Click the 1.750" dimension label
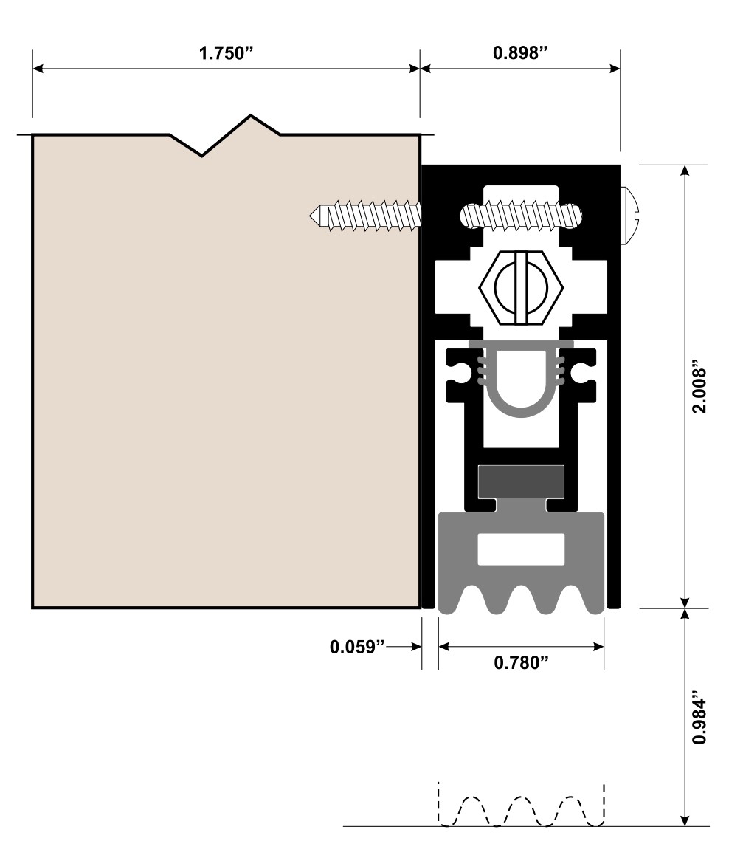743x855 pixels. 225,55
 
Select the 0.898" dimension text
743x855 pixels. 519,55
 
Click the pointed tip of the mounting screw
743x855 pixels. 315,215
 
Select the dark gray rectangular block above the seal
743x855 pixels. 521,481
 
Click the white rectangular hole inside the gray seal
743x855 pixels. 521,549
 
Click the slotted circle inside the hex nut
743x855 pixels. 521,287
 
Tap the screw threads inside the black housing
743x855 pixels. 521,215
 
